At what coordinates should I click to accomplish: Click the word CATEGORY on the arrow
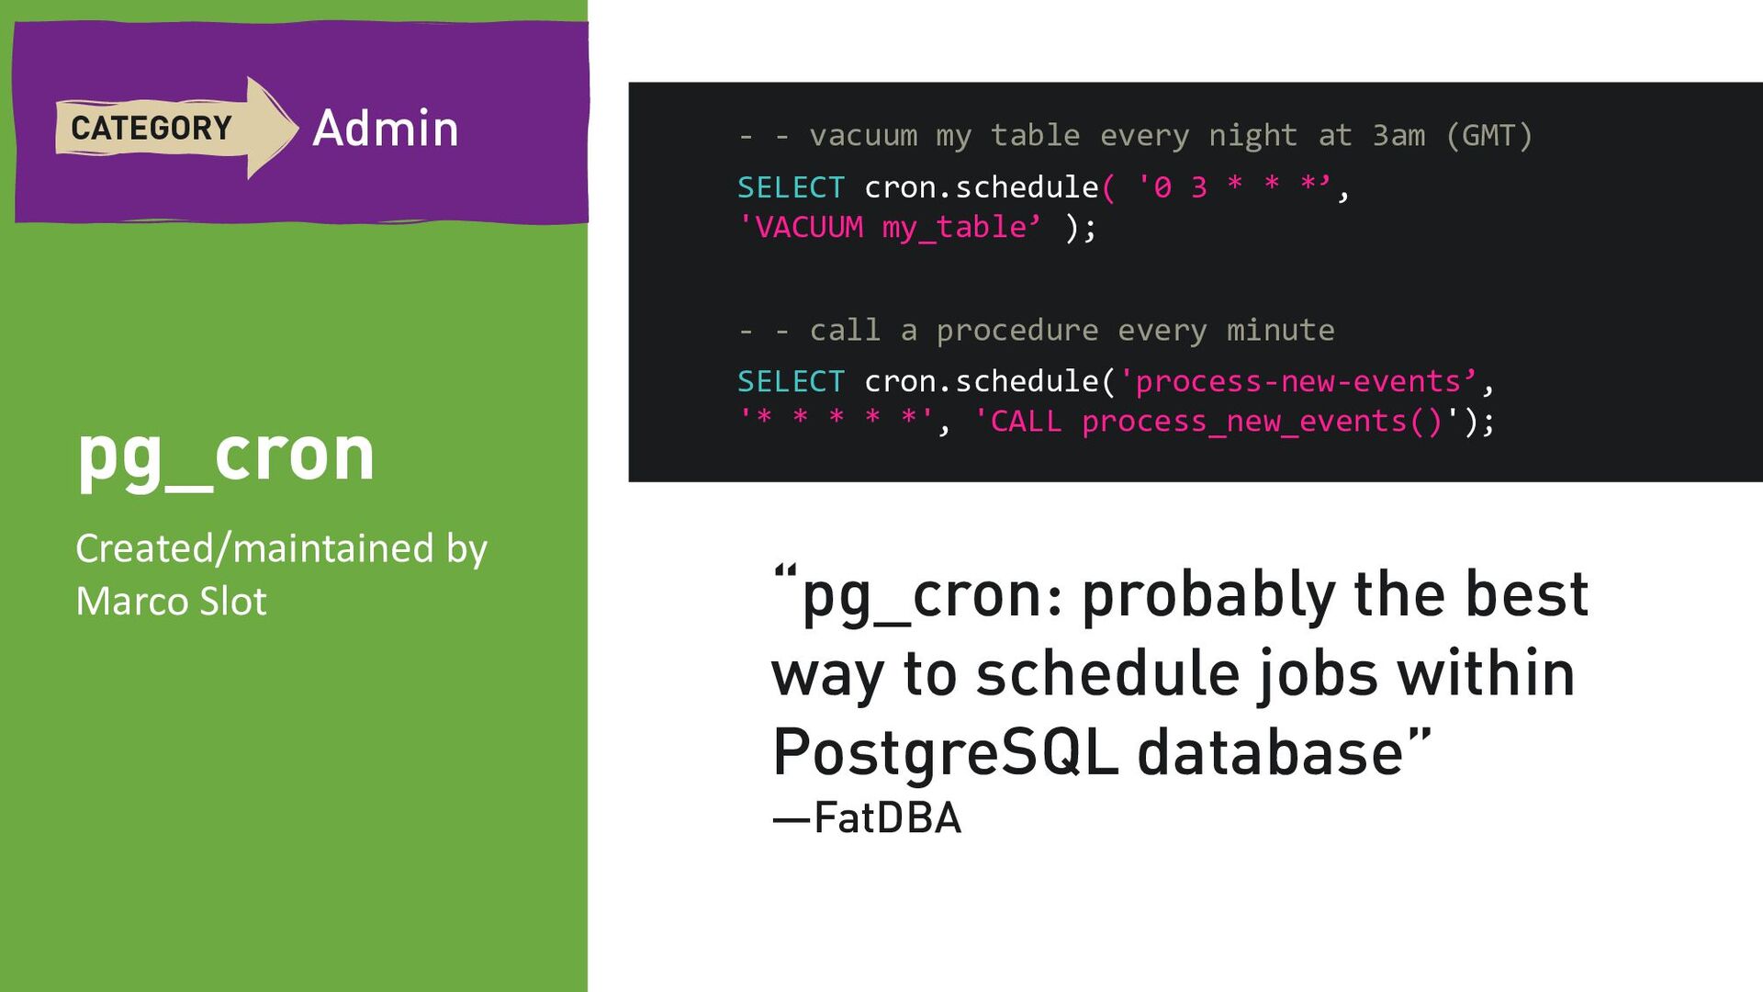(152, 128)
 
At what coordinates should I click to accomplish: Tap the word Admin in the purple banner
(386, 128)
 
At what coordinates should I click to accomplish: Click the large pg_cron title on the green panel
(226, 457)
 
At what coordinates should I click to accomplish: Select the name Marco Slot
(171, 602)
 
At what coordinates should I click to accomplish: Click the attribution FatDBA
(887, 817)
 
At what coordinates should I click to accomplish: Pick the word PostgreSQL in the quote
(945, 753)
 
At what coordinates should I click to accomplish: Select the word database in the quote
(1270, 752)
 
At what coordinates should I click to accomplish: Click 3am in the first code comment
(1398, 136)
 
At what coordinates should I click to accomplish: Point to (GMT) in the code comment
(1489, 136)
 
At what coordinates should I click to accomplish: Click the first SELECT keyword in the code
(791, 187)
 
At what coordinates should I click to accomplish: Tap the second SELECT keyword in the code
(791, 381)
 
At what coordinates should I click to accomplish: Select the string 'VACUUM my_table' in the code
(890, 227)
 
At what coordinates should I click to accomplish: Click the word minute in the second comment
(1281, 330)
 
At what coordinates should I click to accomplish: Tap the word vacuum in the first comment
(863, 136)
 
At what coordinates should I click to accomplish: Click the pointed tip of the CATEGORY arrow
(298, 127)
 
